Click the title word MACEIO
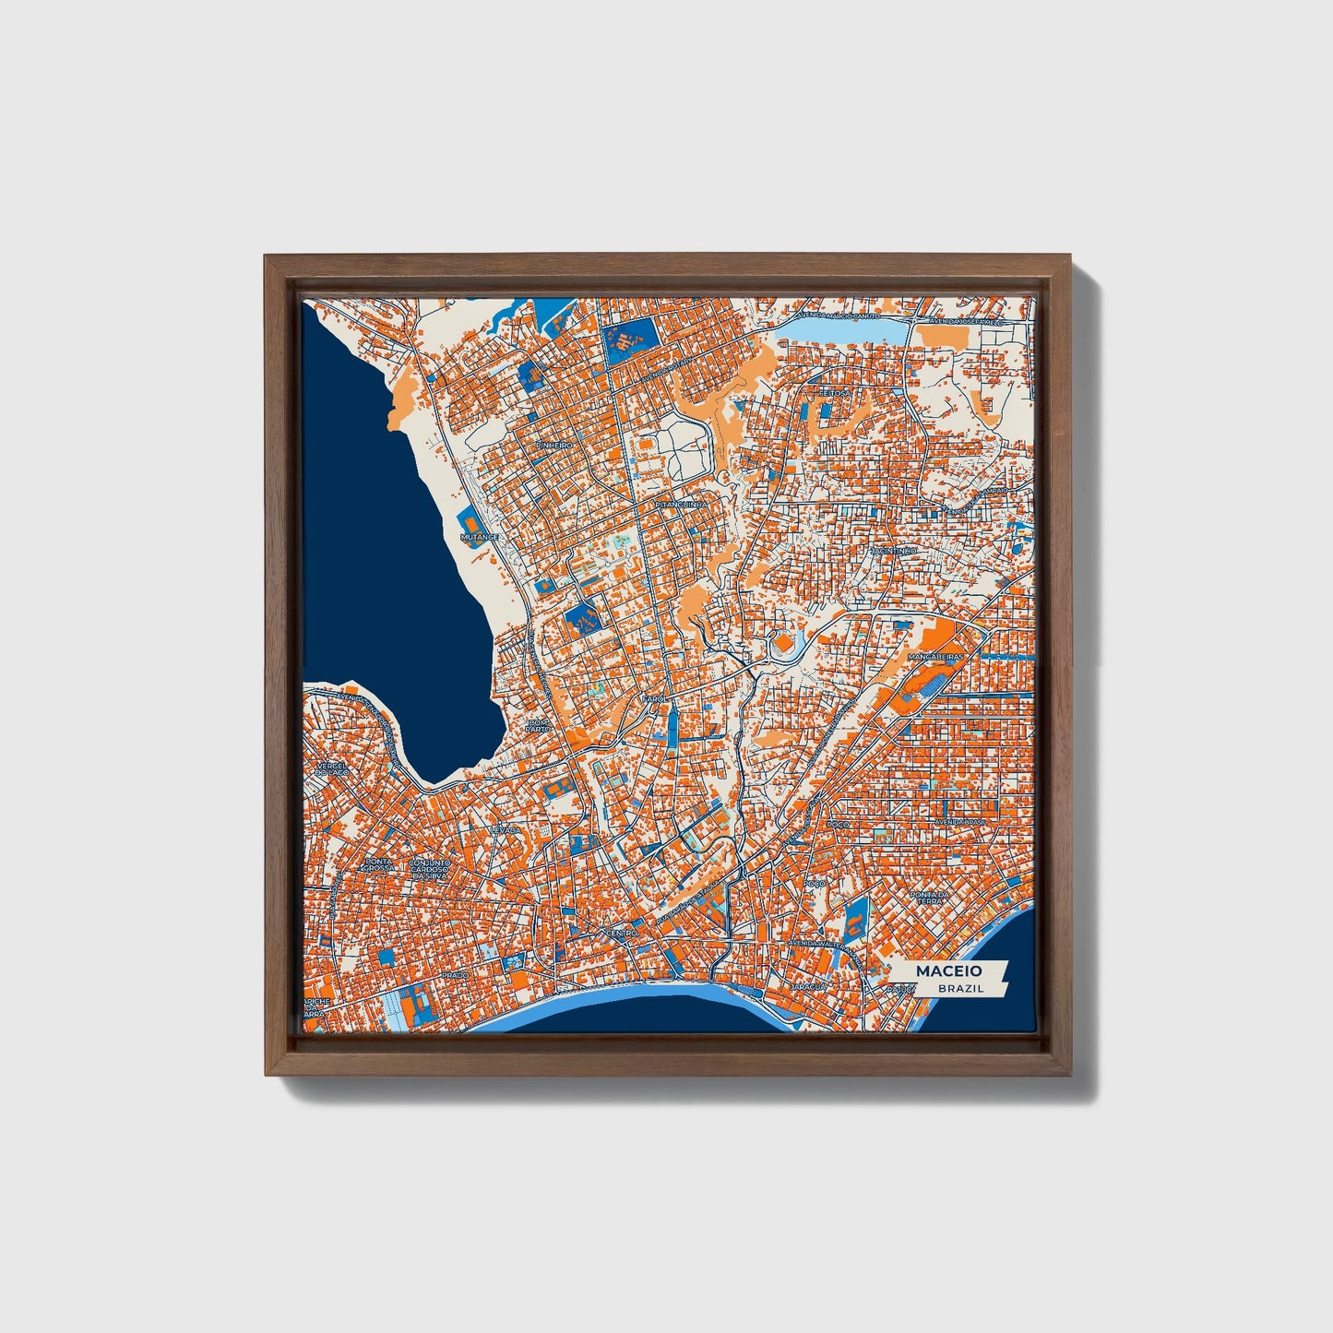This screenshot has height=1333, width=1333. tap(948, 970)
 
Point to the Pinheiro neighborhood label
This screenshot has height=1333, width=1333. tap(553, 446)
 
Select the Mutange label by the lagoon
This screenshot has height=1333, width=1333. tap(480, 536)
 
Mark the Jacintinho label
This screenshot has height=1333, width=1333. tap(891, 551)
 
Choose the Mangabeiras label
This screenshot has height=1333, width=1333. tap(935, 657)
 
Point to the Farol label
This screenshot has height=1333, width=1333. tap(654, 699)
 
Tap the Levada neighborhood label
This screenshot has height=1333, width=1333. tap(505, 829)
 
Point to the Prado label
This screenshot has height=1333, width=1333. tap(455, 974)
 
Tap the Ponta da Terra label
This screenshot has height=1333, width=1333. tap(929, 899)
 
